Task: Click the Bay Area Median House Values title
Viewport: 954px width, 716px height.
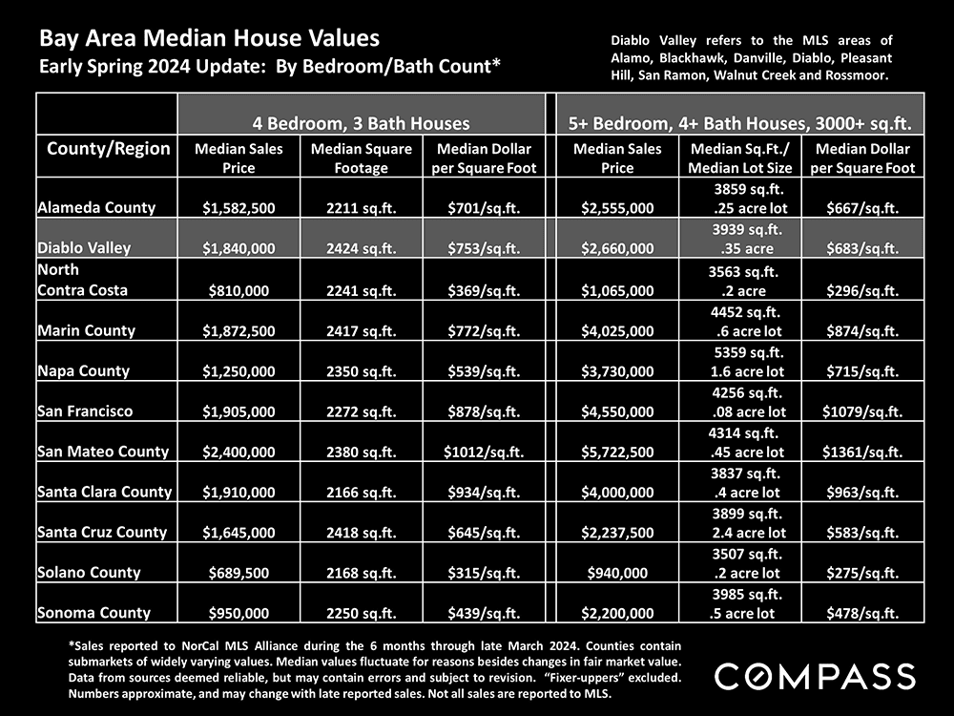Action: (x=209, y=39)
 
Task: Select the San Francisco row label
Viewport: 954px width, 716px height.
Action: (x=85, y=411)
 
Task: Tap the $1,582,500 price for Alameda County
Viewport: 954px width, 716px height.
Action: (x=240, y=207)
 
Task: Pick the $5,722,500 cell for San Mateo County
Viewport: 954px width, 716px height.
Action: (x=617, y=452)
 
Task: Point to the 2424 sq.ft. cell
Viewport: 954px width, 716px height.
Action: (x=361, y=248)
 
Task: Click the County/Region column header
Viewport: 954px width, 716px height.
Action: (x=108, y=148)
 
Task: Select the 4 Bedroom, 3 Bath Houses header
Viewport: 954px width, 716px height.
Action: (x=361, y=123)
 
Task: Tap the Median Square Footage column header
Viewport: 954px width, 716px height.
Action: (x=361, y=158)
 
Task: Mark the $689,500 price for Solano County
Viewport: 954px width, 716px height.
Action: (x=240, y=573)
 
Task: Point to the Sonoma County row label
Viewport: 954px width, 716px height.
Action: (x=93, y=613)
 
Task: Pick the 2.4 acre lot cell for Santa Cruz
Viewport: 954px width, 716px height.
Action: (x=749, y=533)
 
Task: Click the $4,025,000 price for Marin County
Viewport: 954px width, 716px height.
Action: (x=617, y=330)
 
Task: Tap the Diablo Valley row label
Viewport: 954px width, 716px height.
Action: (x=83, y=247)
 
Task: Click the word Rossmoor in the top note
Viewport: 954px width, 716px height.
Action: (x=852, y=74)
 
